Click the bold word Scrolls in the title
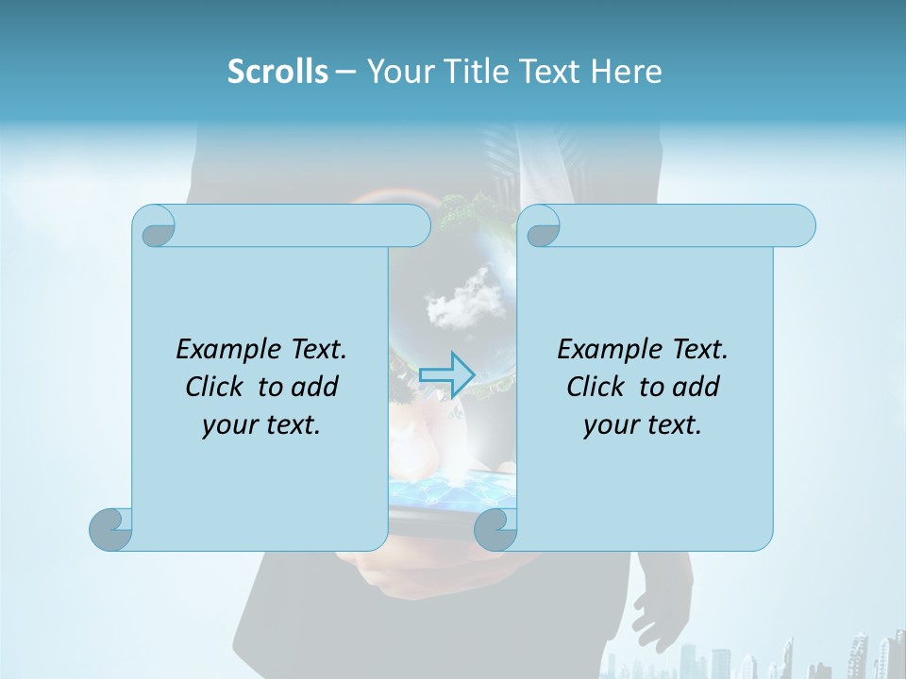pyautogui.click(x=277, y=72)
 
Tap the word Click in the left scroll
pyautogui.click(x=214, y=387)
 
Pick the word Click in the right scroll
pyautogui.click(x=596, y=387)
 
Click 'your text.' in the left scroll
pyautogui.click(x=261, y=424)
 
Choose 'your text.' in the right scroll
pyautogui.click(x=643, y=424)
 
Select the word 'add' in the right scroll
pyautogui.click(x=697, y=387)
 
